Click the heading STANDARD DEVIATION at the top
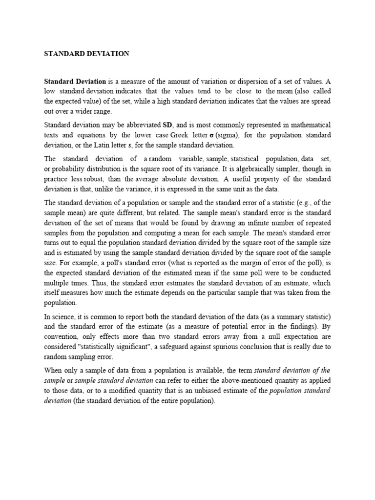pos(87,54)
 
